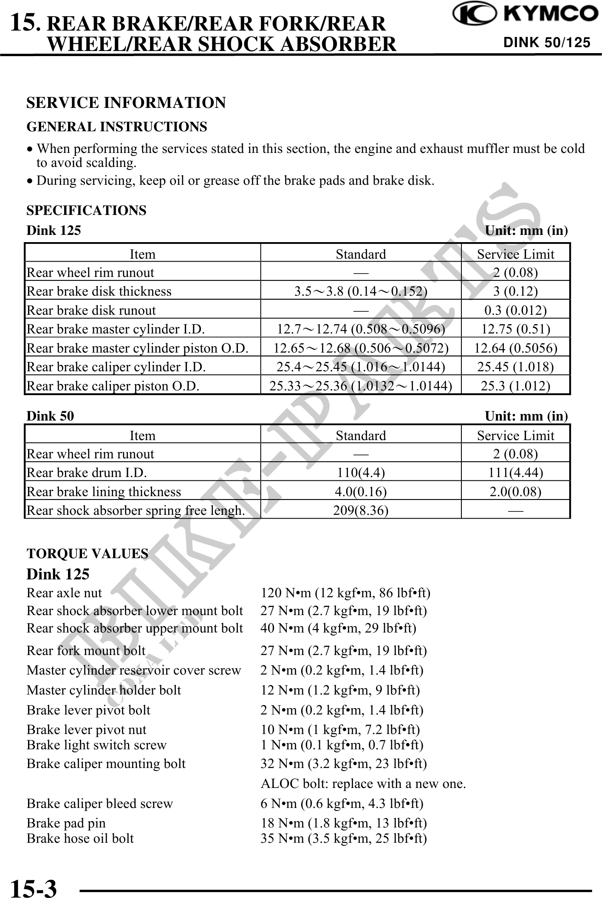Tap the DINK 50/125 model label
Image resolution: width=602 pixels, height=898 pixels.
pyautogui.click(x=547, y=42)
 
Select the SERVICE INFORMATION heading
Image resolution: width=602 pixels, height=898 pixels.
pyautogui.click(x=126, y=103)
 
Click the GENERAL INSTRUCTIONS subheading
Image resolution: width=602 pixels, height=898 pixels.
pyautogui.click(x=117, y=127)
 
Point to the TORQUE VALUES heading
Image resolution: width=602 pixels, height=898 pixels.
pyautogui.click(x=88, y=553)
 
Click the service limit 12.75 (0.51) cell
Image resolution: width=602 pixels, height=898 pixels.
pyautogui.click(x=515, y=329)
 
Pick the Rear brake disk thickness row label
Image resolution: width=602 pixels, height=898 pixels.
pyautogui.click(x=99, y=291)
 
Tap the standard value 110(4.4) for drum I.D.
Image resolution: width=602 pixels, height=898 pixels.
pyautogui.click(x=361, y=472)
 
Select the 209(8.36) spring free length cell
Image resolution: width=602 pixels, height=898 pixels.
pyautogui.click(x=361, y=510)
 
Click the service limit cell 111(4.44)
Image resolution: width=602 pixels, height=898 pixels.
pyautogui.click(x=515, y=472)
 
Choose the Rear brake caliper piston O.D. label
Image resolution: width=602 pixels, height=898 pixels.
pyautogui.click(x=113, y=386)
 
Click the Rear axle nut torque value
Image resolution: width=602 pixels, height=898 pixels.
pyautogui.click(x=345, y=593)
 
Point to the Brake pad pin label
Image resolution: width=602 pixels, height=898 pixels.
pyautogui.click(x=66, y=823)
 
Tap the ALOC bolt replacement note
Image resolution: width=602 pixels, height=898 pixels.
pyautogui.click(x=363, y=784)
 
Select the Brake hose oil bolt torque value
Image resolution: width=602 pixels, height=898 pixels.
pyautogui.click(x=343, y=838)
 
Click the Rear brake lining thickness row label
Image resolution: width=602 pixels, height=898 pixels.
pyautogui.click(x=104, y=491)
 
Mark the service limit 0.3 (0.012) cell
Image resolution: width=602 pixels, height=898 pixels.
pyautogui.click(x=515, y=310)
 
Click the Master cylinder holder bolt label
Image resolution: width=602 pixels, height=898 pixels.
pyautogui.click(x=104, y=690)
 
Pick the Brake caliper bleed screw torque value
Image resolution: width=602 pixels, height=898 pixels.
pyautogui.click(x=342, y=803)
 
